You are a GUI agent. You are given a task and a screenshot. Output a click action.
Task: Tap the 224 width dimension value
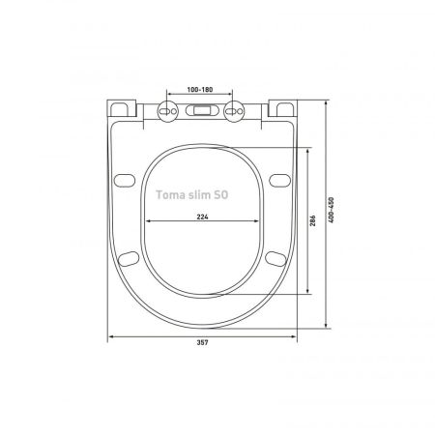203,217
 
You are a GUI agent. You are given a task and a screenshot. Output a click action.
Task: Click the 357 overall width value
203,343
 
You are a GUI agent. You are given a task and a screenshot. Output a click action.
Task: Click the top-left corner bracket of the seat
124,107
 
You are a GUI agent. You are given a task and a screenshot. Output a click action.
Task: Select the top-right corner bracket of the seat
282,107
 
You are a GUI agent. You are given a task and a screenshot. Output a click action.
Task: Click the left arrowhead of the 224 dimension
149,222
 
